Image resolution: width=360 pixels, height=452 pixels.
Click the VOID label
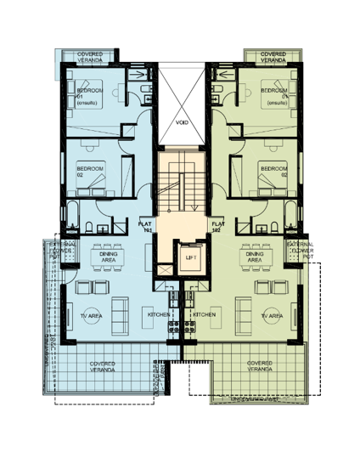181,122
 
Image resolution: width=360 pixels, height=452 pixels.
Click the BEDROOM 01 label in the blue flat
89,93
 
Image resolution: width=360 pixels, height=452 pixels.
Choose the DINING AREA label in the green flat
254,255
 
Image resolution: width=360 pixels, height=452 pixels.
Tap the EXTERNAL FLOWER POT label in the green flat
300,251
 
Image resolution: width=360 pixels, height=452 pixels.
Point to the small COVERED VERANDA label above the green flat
273,57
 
